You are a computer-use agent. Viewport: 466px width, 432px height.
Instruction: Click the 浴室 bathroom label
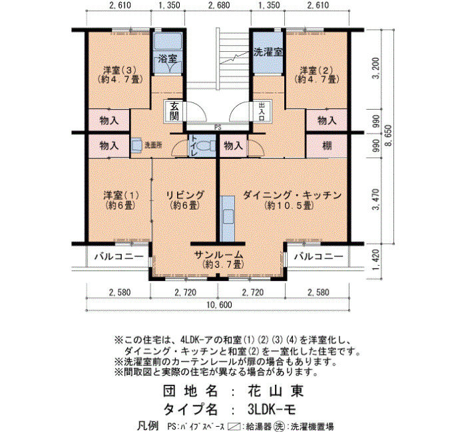(x=167, y=58)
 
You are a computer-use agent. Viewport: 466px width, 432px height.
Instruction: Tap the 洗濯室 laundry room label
(x=268, y=53)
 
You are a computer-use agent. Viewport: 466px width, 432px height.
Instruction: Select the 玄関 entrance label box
(x=174, y=111)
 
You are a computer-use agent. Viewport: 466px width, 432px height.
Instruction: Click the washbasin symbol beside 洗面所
(x=137, y=146)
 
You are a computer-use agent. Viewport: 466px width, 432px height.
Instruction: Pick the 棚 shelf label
(x=327, y=146)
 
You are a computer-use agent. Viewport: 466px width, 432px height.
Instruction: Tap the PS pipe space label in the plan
(x=218, y=128)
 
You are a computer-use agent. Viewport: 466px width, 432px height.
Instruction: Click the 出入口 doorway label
(x=262, y=111)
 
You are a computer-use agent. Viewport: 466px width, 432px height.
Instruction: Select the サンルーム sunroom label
(x=219, y=255)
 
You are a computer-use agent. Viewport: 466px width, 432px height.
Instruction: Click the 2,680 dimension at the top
(x=219, y=5)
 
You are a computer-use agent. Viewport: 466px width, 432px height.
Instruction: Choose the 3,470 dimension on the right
(x=376, y=199)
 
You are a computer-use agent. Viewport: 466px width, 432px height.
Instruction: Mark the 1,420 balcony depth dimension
(x=376, y=260)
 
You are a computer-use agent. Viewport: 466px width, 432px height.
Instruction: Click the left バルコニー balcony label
(x=119, y=256)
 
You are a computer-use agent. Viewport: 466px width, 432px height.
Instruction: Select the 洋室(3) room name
(x=119, y=70)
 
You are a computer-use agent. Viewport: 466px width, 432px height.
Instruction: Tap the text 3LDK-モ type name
(x=272, y=410)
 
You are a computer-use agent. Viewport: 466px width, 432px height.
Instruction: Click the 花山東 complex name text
(x=275, y=391)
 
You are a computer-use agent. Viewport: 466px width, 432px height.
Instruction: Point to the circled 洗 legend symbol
(x=279, y=426)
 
